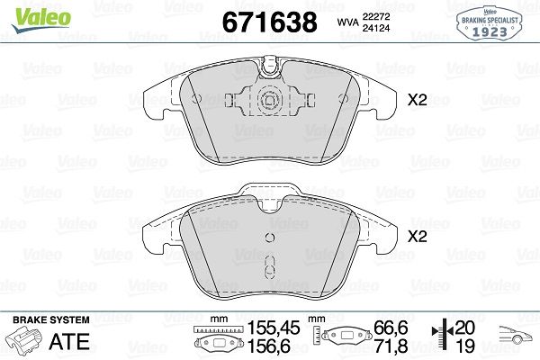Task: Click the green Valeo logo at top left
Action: pyautogui.click(x=41, y=20)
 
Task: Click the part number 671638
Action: pyautogui.click(x=270, y=22)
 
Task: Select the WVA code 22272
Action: pyautogui.click(x=375, y=16)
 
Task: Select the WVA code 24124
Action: pyautogui.click(x=375, y=28)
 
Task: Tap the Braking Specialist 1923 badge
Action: pyautogui.click(x=490, y=23)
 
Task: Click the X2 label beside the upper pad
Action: pyautogui.click(x=417, y=100)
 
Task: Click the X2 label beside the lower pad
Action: pyautogui.click(x=417, y=237)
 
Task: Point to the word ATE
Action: pyautogui.click(x=69, y=341)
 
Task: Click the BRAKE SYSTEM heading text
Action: pyautogui.click(x=51, y=320)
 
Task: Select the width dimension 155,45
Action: pyautogui.click(x=274, y=328)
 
